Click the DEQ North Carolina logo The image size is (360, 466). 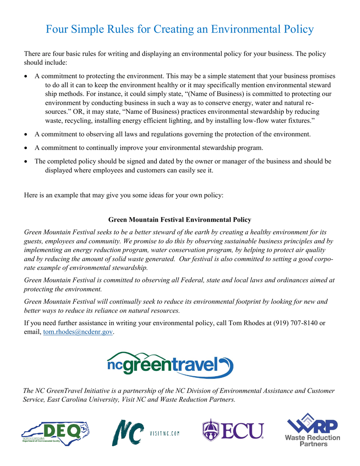click(x=56, y=432)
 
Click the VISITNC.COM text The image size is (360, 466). click(x=165, y=433)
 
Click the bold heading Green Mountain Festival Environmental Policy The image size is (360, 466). click(x=180, y=220)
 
